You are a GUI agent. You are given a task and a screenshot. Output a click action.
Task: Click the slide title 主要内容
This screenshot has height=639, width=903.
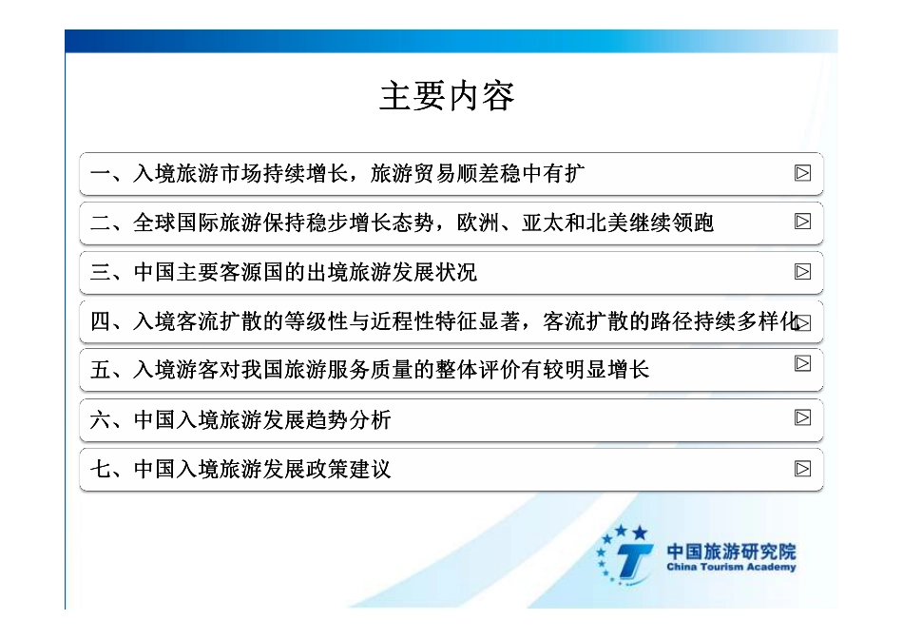click(x=447, y=97)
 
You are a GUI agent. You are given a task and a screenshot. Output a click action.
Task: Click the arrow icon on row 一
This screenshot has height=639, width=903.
click(x=803, y=173)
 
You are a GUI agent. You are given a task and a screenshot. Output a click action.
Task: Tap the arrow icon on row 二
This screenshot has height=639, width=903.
click(x=803, y=222)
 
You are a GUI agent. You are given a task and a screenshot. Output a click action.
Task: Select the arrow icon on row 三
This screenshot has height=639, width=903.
click(x=803, y=272)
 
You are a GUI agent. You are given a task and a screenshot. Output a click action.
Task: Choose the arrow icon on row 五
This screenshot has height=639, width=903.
click(x=803, y=363)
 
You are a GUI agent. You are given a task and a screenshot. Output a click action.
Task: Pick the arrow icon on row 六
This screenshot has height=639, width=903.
click(x=803, y=417)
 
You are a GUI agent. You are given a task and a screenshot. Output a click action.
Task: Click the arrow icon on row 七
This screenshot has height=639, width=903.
click(x=803, y=468)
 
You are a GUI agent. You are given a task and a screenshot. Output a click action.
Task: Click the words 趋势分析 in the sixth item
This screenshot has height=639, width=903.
click(x=348, y=420)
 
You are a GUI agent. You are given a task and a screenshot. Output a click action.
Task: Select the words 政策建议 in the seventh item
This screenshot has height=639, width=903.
click(x=348, y=470)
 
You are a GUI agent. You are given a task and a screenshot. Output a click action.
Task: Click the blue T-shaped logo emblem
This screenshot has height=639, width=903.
click(x=628, y=556)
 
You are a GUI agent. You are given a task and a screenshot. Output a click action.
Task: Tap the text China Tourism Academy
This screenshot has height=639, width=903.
click(x=731, y=568)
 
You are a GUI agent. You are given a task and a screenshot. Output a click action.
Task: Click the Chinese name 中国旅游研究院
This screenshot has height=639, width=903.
click(x=731, y=551)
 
